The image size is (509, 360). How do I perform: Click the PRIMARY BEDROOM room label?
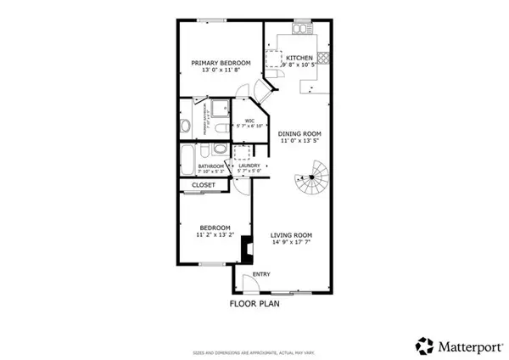(x=220, y=63)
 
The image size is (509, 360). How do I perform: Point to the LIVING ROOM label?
(x=292, y=235)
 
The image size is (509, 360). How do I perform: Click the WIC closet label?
(x=250, y=121)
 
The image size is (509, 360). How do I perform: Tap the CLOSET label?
(x=203, y=184)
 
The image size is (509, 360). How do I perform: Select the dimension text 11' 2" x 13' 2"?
(x=215, y=234)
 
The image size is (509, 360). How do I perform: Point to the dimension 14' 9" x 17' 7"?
(x=292, y=243)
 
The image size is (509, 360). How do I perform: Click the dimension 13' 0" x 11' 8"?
(x=220, y=70)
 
